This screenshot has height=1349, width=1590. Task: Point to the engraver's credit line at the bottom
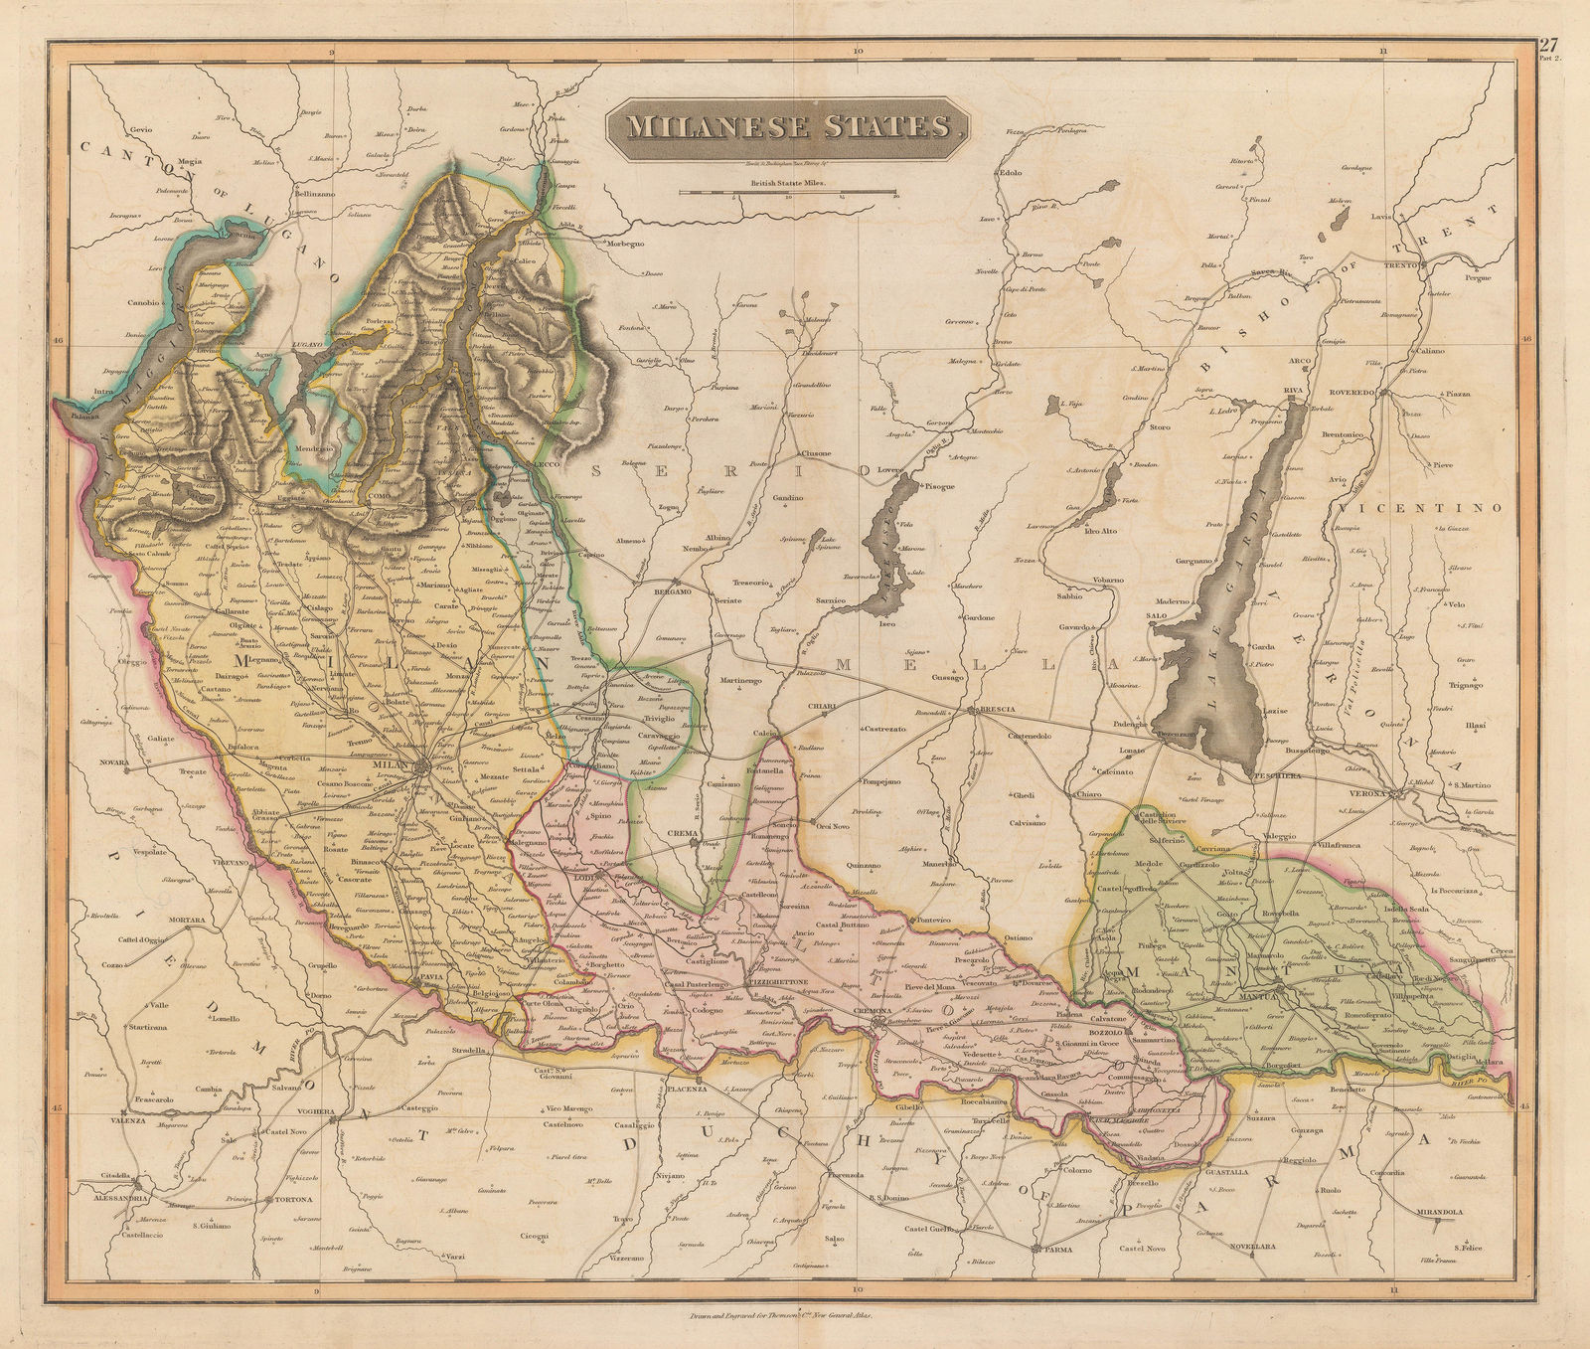[795, 1318]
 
